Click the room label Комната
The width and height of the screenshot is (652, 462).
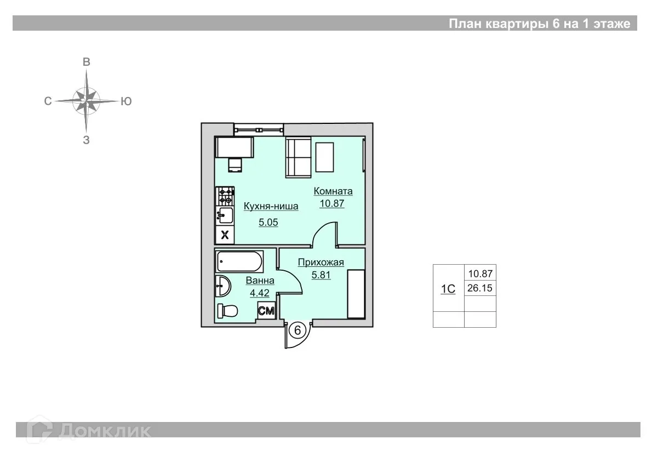333,191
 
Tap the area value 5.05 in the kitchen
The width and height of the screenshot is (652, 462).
268,223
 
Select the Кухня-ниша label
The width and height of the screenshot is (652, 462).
271,207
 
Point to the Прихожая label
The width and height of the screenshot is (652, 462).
321,262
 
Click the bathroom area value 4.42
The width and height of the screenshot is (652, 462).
260,293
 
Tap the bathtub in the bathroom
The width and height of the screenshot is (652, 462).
239,262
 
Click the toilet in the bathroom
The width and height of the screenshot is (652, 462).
227,311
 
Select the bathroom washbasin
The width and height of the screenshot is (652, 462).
222,286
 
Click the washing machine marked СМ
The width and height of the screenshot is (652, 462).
266,311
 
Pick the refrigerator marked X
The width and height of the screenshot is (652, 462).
225,236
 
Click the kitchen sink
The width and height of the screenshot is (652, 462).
225,215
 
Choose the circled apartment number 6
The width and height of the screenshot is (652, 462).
298,330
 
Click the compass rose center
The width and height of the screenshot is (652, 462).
87,101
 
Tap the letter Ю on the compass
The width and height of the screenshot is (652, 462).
125,101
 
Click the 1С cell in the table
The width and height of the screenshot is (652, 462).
448,288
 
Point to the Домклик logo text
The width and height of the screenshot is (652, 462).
104,430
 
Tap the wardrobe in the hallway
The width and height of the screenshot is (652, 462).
356,294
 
